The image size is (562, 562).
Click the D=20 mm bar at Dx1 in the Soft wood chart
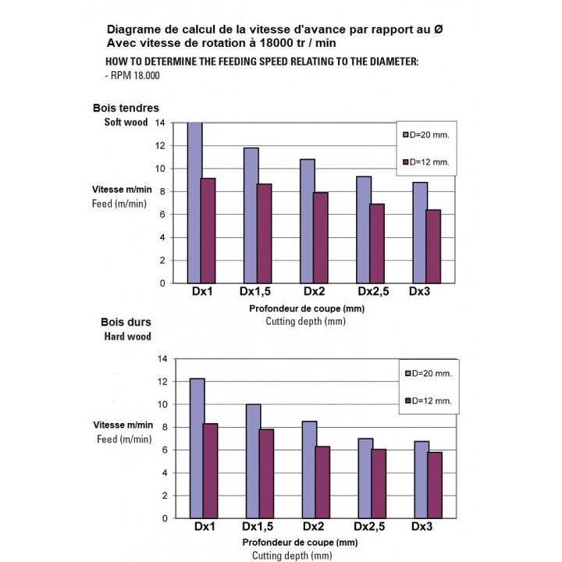coord(195,203)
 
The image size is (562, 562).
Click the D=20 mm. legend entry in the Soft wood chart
coord(426,134)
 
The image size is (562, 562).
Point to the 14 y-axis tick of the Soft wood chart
coord(160,123)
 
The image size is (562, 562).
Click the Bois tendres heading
coord(126,108)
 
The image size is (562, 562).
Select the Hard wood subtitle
coord(127,336)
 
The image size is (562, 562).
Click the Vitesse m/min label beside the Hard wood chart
coord(123,425)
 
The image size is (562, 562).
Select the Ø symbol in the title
coord(439,29)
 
